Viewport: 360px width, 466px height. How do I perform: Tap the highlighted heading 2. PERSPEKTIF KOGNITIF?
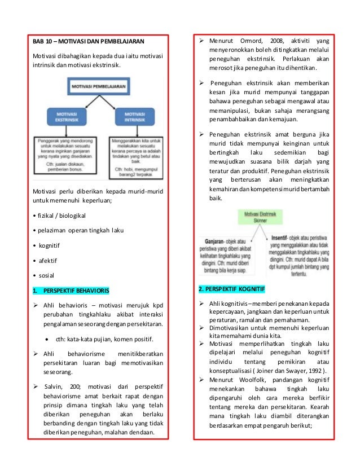(x=231, y=289)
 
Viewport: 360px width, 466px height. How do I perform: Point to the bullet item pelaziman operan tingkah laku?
(x=82, y=231)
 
